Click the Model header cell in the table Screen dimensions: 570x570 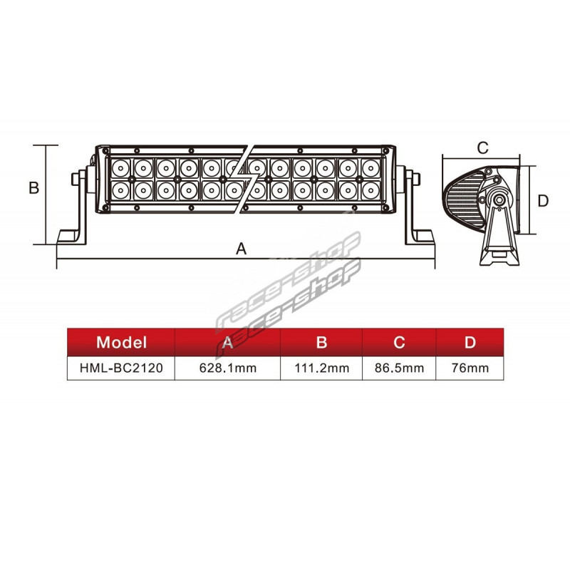coord(121,343)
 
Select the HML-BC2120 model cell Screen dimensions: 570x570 coord(121,368)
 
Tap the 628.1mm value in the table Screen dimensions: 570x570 coord(228,368)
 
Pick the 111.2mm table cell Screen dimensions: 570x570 coord(322,368)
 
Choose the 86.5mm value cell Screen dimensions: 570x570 coord(399,368)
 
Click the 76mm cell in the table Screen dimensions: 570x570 coord(470,368)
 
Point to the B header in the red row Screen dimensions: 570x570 coord(322,343)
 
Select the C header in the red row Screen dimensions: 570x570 coord(399,343)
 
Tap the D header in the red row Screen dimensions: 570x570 coord(470,343)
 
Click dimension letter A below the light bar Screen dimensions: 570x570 coord(242,249)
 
